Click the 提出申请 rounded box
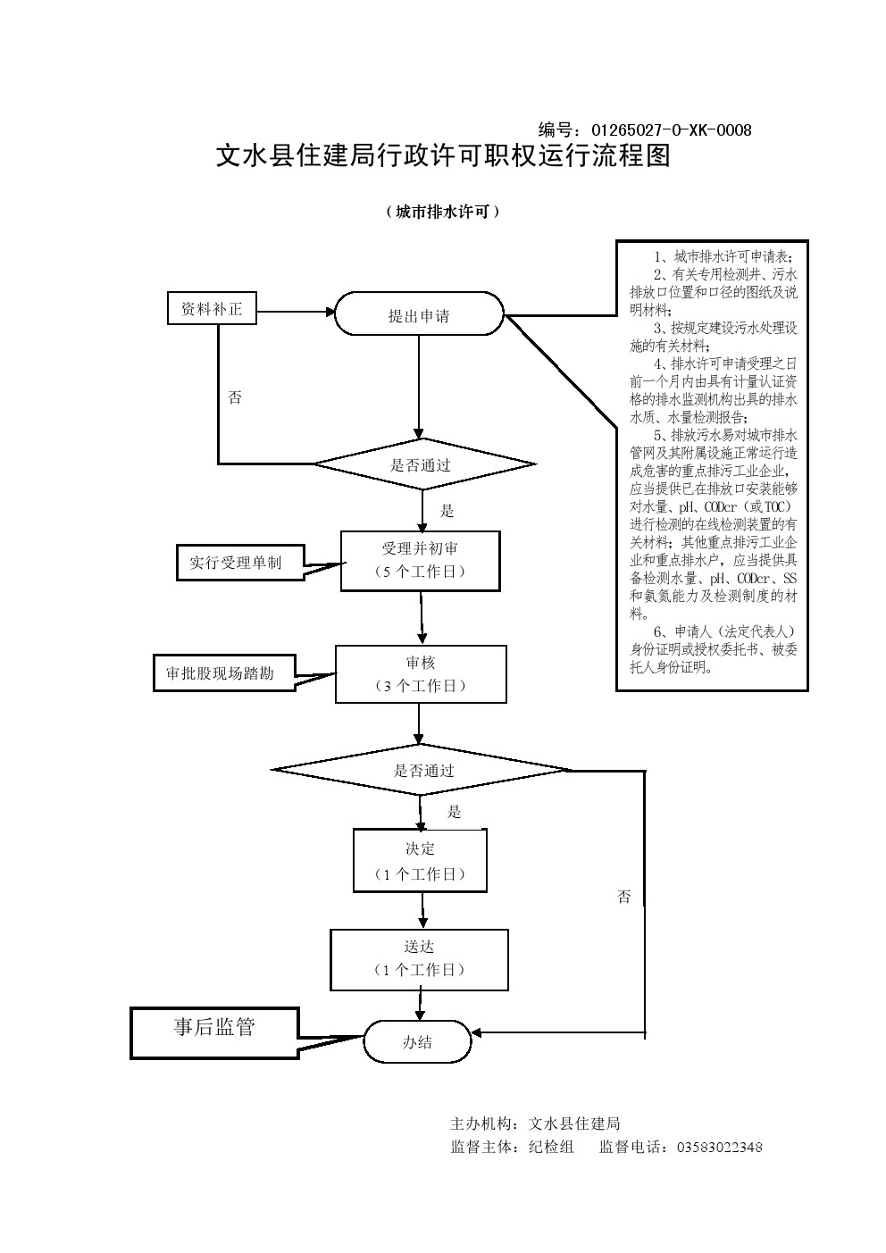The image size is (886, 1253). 419,314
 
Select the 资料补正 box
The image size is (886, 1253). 212,309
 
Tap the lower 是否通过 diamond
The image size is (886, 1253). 423,770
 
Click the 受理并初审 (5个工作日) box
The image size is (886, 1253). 420,560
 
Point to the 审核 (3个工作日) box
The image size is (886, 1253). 420,673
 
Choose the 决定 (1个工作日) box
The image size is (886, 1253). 420,860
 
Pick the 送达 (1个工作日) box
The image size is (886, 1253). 419,958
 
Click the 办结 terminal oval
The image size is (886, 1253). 417,1041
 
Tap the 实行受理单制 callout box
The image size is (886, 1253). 237,563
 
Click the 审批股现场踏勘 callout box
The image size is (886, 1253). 221,673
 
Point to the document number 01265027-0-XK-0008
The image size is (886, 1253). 672,130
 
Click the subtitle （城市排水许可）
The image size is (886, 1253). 442,212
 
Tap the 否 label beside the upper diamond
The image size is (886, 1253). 235,397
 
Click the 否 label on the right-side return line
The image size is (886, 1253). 623,897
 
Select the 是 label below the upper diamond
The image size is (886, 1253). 447,511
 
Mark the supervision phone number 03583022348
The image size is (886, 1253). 720,1148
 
